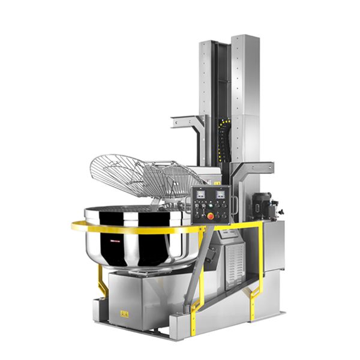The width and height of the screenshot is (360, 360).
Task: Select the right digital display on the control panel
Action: (220, 194)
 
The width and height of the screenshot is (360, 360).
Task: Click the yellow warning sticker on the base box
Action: (124, 313)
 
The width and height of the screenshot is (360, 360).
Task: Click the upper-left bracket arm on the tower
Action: (187, 122)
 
